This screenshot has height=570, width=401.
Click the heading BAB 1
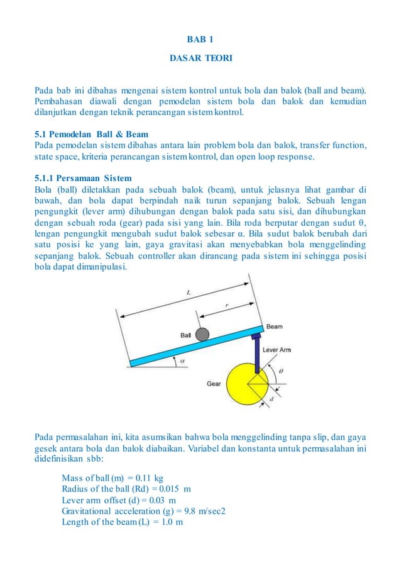coord(200,40)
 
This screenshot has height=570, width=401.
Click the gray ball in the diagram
coord(202,334)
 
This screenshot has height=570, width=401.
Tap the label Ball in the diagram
coord(185,335)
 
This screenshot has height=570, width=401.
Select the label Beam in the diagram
coord(274,327)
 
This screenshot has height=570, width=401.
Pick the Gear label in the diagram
coord(214,383)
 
